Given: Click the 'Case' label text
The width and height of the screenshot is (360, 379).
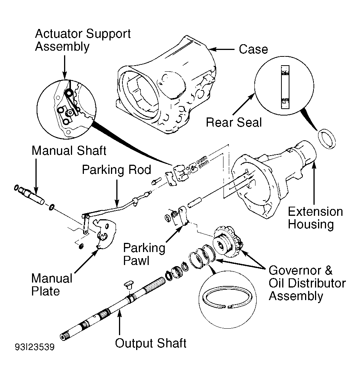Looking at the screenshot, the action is tap(253, 49).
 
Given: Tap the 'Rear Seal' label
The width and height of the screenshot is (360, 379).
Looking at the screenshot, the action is tap(234, 122).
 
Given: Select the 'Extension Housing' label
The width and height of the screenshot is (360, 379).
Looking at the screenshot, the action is tap(315, 218).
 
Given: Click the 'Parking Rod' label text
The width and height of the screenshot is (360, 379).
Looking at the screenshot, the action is tap(117, 170).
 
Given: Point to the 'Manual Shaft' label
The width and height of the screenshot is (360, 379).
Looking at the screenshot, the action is tap(69, 151).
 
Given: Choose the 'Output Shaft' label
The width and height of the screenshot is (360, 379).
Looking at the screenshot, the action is tap(150, 343).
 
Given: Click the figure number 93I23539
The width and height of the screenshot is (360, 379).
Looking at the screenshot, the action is tap(35, 347).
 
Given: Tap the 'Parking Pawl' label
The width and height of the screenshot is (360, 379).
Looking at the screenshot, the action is tap(144, 254).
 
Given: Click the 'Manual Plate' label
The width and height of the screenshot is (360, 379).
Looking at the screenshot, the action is tap(52, 285).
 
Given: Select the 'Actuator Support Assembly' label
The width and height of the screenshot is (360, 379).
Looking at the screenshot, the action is tap(83, 40).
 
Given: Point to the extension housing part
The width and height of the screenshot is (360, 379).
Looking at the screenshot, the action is tap(273, 179).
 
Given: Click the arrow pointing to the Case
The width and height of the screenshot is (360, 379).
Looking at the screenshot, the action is tap(222, 50).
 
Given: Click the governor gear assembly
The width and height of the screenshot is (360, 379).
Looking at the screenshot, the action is tap(228, 242).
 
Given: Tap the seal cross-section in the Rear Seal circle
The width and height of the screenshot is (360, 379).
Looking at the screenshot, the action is tap(285, 87).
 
